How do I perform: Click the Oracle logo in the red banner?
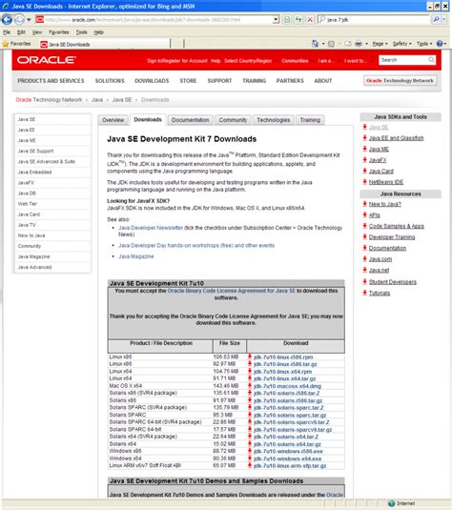(x=44, y=61)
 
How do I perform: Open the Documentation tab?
(x=191, y=120)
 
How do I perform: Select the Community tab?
(x=233, y=120)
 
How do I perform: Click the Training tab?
(x=310, y=120)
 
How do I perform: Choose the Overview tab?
(x=113, y=120)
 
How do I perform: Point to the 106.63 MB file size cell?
(x=227, y=356)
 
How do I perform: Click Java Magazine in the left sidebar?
(x=33, y=256)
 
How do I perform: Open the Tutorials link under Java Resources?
(x=380, y=293)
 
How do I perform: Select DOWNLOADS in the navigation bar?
(x=151, y=81)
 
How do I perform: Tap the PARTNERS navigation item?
(x=290, y=81)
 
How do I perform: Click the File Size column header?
(x=229, y=342)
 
